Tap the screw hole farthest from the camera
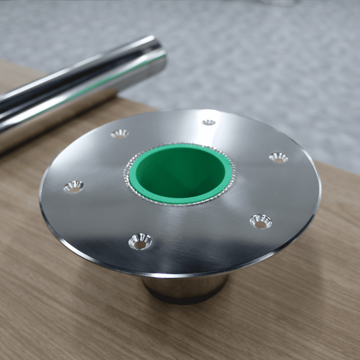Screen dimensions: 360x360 pos(208,122)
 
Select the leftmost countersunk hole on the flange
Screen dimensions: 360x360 pos(73,186)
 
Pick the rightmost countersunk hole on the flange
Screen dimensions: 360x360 pos(278,157)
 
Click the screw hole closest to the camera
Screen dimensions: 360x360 pos(140,241)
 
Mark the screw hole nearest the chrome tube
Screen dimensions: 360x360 pos(119,133)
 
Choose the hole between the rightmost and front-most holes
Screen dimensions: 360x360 pos(260,221)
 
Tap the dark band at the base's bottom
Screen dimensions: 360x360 pos(183,299)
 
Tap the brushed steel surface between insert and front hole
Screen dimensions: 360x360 pos(158,218)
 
